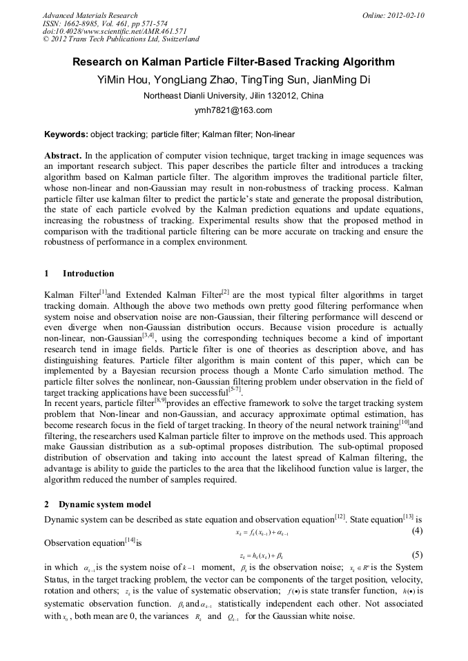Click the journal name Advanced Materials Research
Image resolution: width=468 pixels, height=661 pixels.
(90, 15)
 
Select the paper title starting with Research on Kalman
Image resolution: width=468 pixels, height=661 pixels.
(233, 62)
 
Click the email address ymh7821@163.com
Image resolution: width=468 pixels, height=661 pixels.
(233, 110)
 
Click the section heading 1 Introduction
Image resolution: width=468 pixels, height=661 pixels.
(80, 274)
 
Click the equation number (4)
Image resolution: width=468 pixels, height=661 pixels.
(417, 531)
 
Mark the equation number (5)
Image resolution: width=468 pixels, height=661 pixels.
(417, 555)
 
